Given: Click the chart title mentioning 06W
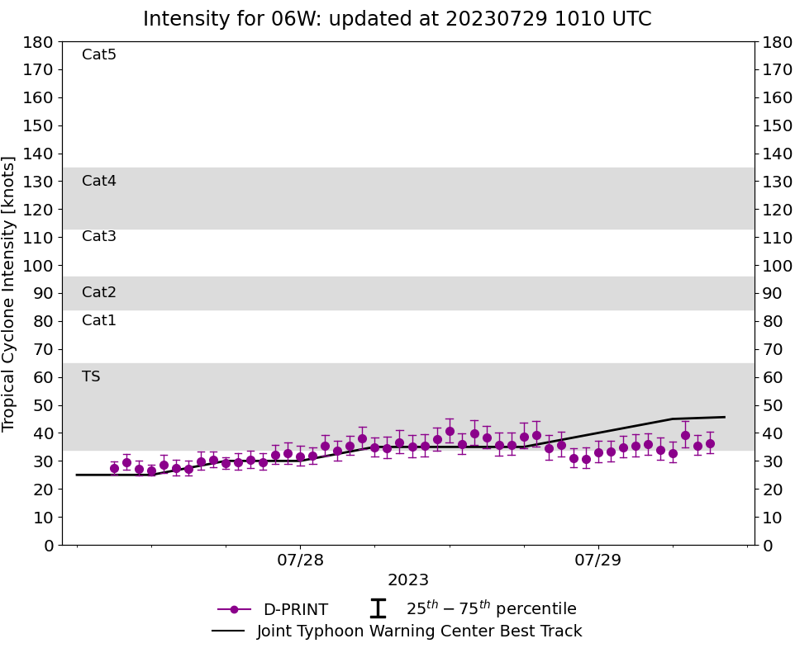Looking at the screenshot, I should point(397,19).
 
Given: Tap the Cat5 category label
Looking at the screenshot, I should point(99,55).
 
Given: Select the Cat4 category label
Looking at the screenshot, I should point(99,181).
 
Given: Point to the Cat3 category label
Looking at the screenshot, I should point(99,237).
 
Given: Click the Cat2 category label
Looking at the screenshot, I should point(99,293).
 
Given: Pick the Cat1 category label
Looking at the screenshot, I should point(99,321).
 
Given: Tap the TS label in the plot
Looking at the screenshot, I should point(91,377).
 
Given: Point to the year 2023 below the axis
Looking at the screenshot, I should point(408,580).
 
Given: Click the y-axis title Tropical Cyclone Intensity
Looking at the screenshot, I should point(10,293).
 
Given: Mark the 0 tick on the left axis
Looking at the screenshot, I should point(48,546).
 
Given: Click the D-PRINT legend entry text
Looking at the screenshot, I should point(295,610).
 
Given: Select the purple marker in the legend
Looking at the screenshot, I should point(234,610).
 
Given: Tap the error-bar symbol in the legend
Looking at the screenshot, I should point(378,609).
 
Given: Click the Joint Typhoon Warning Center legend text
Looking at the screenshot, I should point(419,631).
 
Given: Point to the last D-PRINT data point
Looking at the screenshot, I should point(710,444).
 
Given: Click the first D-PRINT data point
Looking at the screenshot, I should point(114,468).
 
